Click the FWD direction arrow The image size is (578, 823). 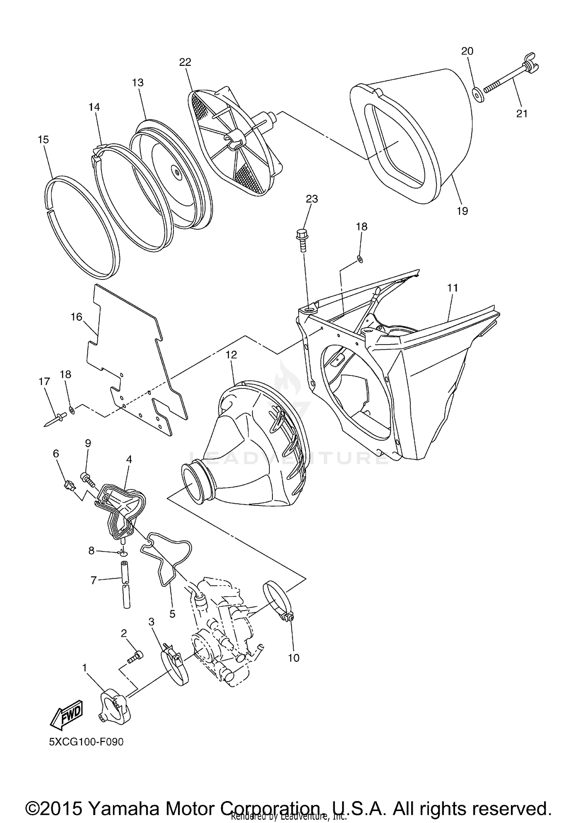click(x=67, y=714)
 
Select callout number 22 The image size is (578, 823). click(x=185, y=62)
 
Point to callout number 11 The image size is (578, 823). click(x=452, y=288)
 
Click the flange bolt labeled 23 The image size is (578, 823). click(x=302, y=238)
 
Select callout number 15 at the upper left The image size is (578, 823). click(x=44, y=140)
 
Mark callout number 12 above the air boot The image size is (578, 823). click(x=231, y=354)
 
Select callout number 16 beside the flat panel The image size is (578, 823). click(x=76, y=316)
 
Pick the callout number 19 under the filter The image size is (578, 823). click(x=462, y=211)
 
